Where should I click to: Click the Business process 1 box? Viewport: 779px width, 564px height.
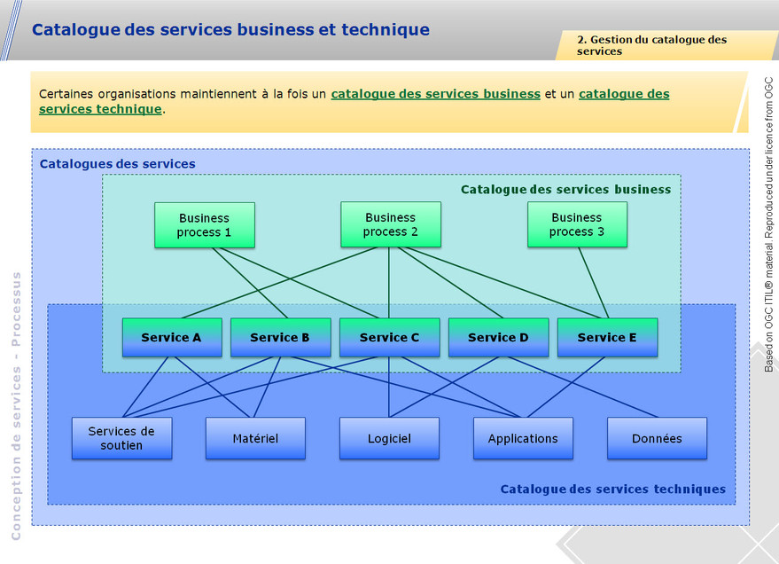204,225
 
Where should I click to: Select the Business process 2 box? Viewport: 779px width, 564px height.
390,224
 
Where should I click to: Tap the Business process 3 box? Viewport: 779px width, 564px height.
576,224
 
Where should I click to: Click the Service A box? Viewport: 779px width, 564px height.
171,337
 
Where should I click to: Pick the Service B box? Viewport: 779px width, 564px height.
280,337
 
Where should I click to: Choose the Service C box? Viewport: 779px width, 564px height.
389,337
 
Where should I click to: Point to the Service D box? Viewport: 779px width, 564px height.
498,337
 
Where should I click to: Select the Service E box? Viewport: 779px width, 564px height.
607,337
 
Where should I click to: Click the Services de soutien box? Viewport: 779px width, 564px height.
121,438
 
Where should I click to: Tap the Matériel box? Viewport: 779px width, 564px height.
255,438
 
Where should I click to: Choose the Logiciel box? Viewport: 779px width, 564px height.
389,438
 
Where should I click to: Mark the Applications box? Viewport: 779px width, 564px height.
523,438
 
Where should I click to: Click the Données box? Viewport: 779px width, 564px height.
657,438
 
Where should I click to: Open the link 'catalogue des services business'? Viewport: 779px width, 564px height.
435,94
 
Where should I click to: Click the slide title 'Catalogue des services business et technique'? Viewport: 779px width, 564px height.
230,30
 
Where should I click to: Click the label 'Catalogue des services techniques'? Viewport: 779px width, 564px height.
612,489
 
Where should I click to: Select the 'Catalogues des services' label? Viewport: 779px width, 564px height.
117,164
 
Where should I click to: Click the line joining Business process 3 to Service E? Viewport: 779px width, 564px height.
593,282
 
